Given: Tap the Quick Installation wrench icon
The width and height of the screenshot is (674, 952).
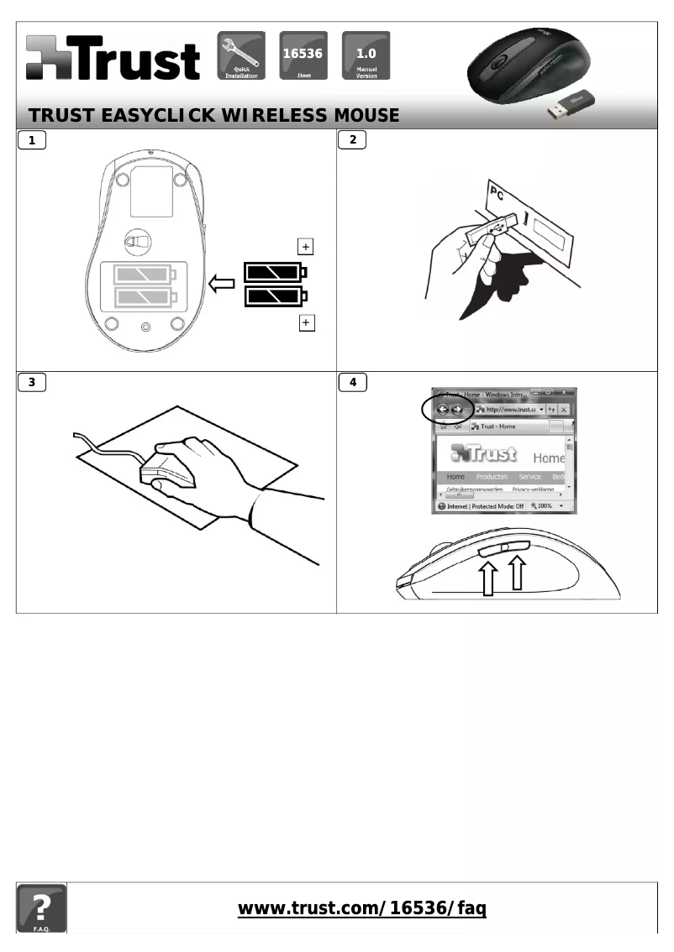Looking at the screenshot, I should pos(241,55).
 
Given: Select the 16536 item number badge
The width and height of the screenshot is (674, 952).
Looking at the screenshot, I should pos(303,55).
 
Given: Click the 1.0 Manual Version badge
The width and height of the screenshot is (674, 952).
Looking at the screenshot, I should pos(366,55).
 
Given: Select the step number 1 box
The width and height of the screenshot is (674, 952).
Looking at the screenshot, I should pos(32,140).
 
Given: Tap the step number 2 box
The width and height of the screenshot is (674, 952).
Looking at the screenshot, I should pos(352,140).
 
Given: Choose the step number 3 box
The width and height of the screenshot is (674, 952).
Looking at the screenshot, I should pos(32,382).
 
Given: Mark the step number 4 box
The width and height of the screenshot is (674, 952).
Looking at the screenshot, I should pos(352,382).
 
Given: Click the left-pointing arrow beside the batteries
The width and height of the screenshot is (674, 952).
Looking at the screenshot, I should pos(222,285).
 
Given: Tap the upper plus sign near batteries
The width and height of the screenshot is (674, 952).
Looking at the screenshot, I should pos(306,246).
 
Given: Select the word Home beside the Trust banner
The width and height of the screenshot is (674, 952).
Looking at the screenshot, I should pos(548,458).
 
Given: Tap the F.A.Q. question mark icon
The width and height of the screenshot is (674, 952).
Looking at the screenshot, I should pos(41,908).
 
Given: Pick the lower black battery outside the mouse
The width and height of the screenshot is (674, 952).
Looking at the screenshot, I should pos(275,296).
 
